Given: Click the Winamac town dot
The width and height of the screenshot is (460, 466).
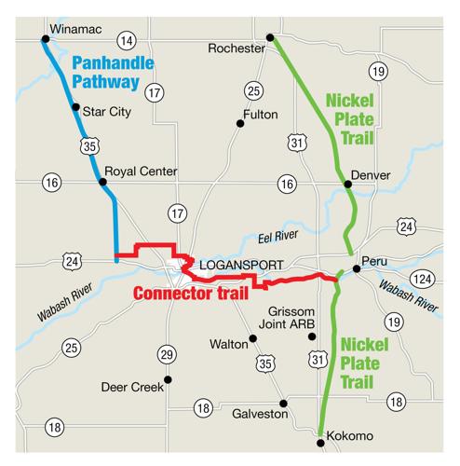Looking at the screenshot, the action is pos(45,39).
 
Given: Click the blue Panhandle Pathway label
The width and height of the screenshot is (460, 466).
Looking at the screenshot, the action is pos(106,75).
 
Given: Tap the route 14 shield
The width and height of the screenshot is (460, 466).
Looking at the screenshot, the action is pos(129,40).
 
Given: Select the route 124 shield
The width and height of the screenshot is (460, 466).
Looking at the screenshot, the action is pos(424,280).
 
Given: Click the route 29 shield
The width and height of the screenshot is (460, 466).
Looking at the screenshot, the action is pos(167,354).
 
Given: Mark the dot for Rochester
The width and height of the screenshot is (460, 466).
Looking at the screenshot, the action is pos(270,38).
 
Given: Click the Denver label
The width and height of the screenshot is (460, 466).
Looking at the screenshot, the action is pos(372,175).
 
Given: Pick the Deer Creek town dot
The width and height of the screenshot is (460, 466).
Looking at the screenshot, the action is pos(168,379).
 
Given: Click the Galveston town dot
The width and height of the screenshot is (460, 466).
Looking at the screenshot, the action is pos(284,404).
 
